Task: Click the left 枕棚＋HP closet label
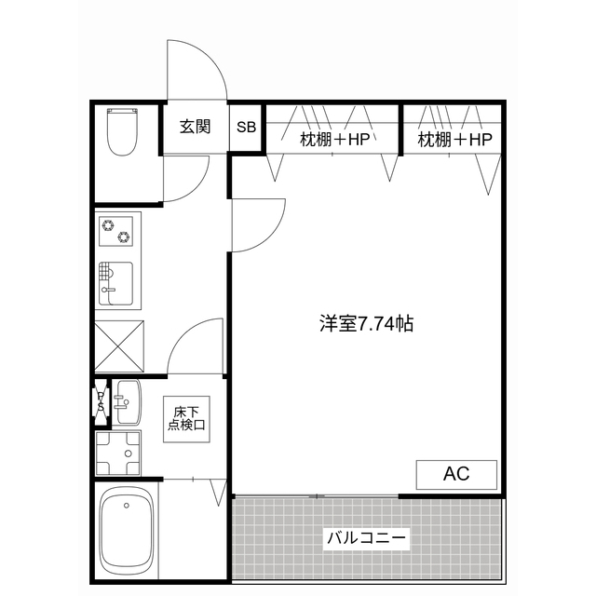tap(334, 140)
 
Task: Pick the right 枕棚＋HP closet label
tap(454, 140)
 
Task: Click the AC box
tap(455, 474)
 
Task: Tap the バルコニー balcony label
tap(368, 538)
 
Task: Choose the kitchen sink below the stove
tap(116, 283)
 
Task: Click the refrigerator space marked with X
tap(119, 345)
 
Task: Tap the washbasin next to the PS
tap(127, 401)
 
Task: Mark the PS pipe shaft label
tap(101, 401)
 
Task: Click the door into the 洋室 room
tap(257, 225)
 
